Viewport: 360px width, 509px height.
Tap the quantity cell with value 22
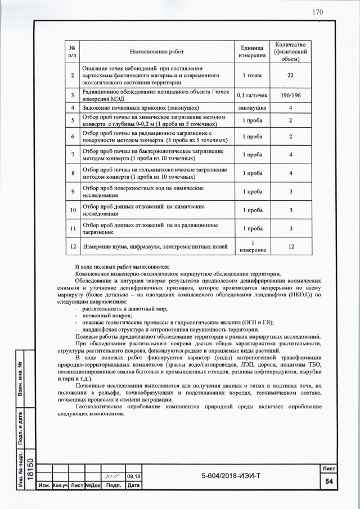[x=290, y=75]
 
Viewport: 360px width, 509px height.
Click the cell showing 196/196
[x=290, y=95]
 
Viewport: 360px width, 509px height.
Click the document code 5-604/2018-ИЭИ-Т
[x=231, y=477]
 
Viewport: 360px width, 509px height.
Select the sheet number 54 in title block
[x=328, y=482]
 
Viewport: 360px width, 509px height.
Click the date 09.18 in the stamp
[x=133, y=477]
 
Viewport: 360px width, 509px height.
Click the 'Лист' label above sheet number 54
[x=328, y=468]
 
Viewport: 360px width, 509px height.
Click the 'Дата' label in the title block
[x=133, y=485]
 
